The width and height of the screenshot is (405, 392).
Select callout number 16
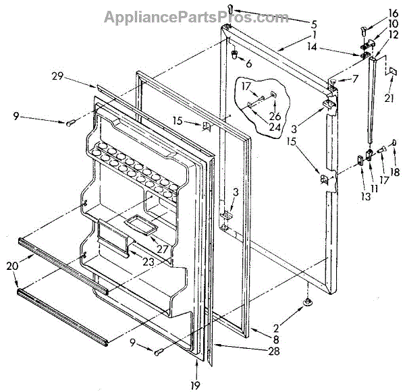[373, 13]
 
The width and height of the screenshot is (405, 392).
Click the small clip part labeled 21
[390, 71]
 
